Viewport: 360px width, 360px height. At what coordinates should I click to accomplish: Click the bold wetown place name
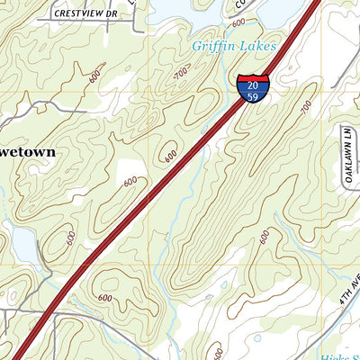coord(27,152)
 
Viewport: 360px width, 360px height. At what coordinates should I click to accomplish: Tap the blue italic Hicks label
coord(340,351)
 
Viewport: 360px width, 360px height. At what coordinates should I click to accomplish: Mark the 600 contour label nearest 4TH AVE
coord(265,236)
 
